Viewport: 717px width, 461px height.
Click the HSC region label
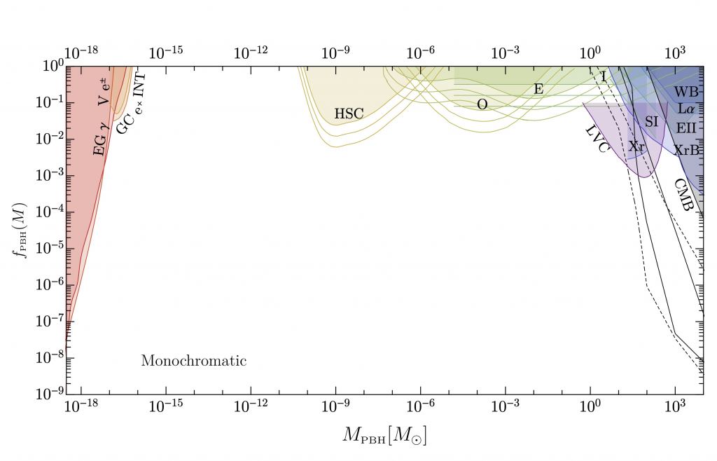pos(349,113)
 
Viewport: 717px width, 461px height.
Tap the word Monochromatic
pos(194,362)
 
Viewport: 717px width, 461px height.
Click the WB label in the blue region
pos(686,92)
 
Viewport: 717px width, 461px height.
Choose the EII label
pos(686,128)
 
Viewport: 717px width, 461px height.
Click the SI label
pos(651,121)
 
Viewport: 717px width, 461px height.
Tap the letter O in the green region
pos(482,104)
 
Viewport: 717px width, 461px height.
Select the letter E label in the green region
pos(538,89)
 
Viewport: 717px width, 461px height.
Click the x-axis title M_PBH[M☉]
pos(384,436)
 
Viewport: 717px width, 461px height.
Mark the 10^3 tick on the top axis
pos(675,53)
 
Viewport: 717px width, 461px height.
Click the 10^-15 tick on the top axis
pos(166,53)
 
